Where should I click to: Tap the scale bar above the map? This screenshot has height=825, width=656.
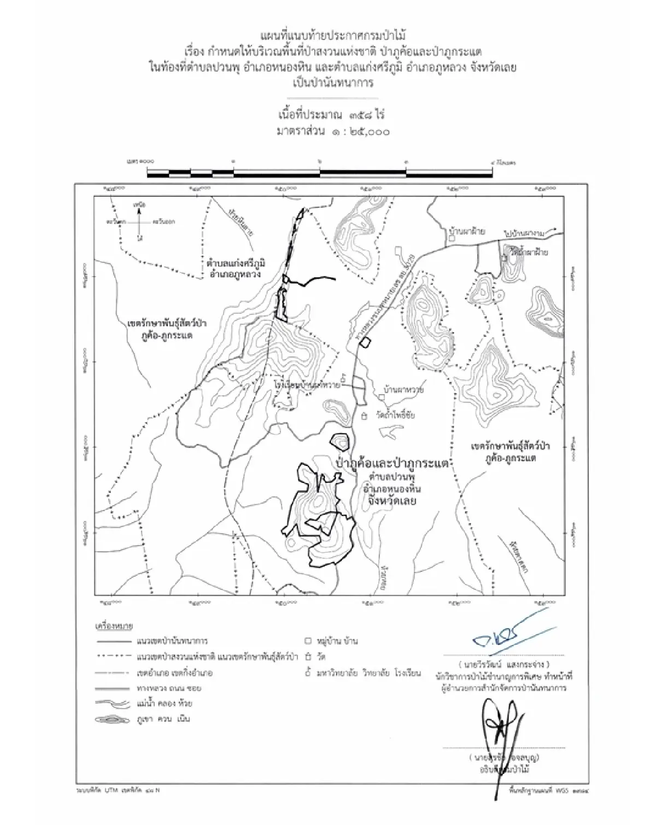tap(320, 173)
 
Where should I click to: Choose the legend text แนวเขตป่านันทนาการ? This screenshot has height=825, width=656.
tap(172, 640)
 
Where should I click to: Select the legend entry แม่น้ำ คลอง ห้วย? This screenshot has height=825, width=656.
tap(163, 703)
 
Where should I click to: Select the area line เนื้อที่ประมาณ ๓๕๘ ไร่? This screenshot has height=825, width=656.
tap(332, 115)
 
